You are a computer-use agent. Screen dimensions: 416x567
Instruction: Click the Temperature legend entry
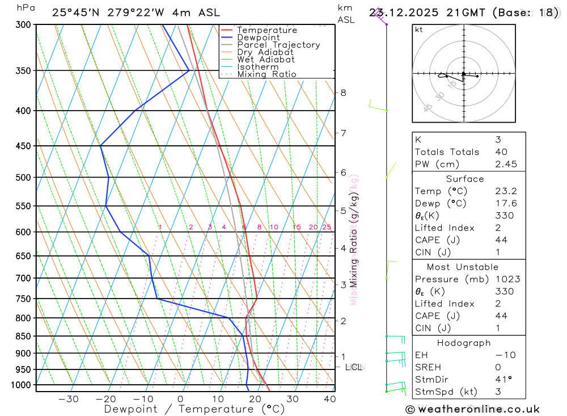266,30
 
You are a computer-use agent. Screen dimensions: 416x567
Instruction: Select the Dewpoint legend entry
258,37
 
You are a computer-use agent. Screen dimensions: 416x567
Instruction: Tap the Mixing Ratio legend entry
266,74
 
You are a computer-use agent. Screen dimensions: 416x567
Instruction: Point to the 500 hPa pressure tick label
24,178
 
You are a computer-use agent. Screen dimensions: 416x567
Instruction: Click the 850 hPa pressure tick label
24,337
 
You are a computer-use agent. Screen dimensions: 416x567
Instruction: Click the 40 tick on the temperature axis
329,399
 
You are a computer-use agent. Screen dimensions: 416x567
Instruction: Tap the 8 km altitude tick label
343,93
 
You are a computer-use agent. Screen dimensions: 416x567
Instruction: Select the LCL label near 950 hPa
353,367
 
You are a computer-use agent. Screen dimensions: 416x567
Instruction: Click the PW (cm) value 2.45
504,164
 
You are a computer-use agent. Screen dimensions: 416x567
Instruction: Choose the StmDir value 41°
502,380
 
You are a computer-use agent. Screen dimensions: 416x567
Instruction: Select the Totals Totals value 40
501,152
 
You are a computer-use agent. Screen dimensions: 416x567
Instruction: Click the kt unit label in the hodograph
419,30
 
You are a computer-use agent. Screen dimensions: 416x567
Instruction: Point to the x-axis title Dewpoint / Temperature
194,409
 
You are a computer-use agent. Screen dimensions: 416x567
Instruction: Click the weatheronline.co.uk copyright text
472,409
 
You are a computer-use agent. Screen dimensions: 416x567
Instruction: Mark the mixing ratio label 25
327,227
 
